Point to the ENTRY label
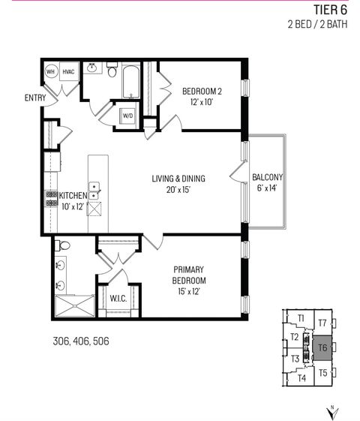34,98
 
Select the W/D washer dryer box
128,116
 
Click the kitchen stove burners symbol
52,198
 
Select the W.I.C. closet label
117,298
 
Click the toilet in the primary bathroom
64,245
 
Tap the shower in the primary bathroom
74,305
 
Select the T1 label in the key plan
301,319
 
